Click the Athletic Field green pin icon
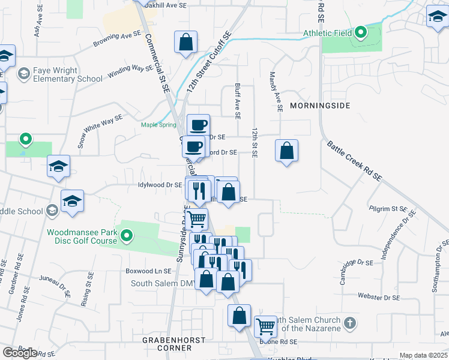tap(360, 32)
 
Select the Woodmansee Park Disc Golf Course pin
tap(126, 237)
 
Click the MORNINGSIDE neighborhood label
tap(319, 106)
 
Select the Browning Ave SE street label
tap(117, 40)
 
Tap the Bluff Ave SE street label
tap(238, 100)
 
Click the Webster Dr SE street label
tap(378, 297)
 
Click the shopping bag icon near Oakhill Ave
tap(186, 43)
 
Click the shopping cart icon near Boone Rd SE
tap(265, 326)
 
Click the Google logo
tap(20, 353)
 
